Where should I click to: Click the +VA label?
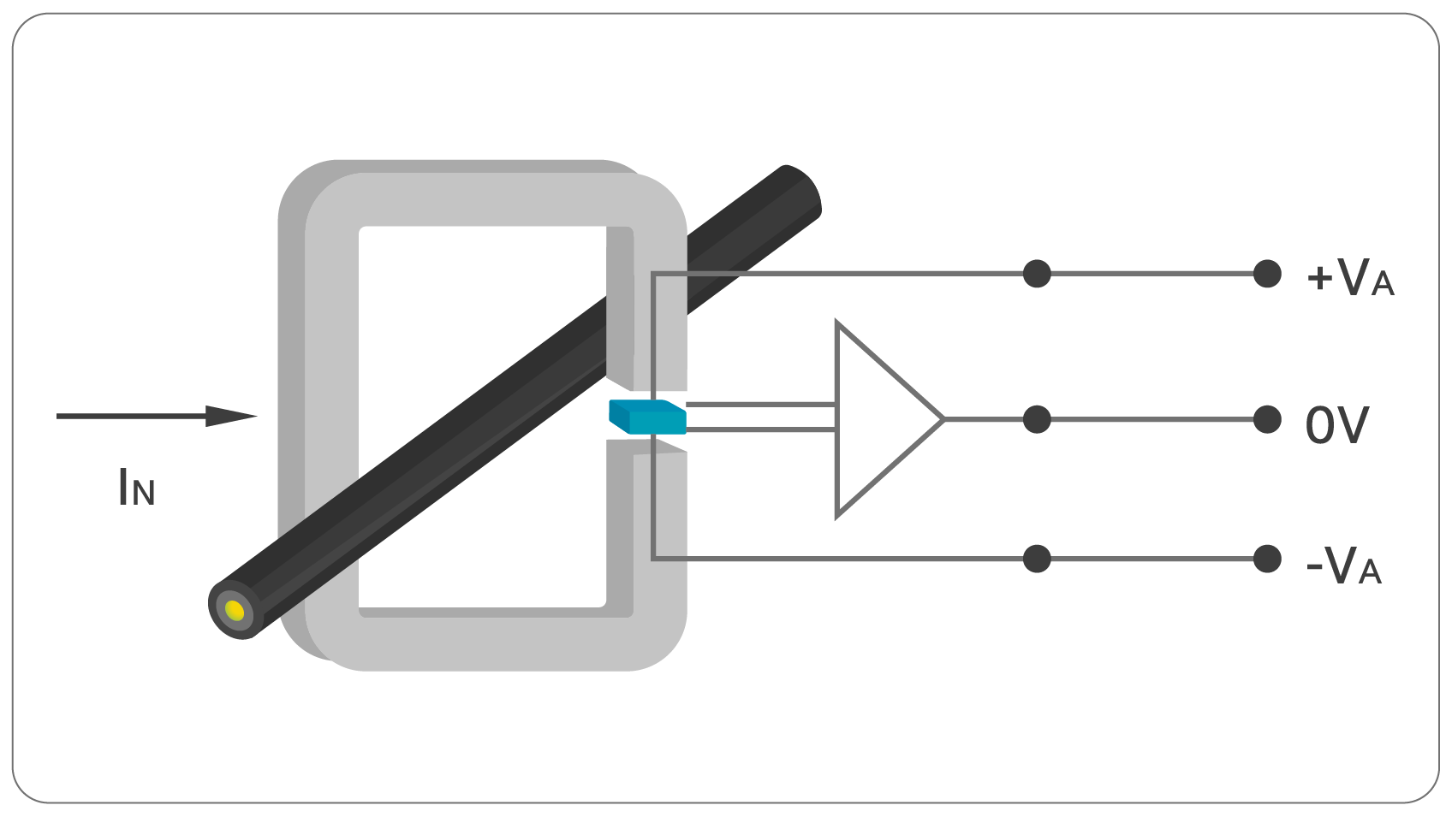point(1350,277)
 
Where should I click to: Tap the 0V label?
point(1336,424)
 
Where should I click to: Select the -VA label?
point(1344,565)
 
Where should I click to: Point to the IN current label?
point(136,488)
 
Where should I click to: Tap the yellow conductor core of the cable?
point(235,611)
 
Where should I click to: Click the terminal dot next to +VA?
point(1267,274)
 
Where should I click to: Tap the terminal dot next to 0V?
point(1267,419)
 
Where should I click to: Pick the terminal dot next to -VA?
point(1267,559)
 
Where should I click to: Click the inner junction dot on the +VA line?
point(1037,274)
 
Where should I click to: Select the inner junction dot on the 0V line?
point(1037,419)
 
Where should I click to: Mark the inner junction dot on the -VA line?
point(1037,559)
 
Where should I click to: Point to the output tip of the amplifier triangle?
point(943,419)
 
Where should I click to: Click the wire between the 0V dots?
point(1151,419)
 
